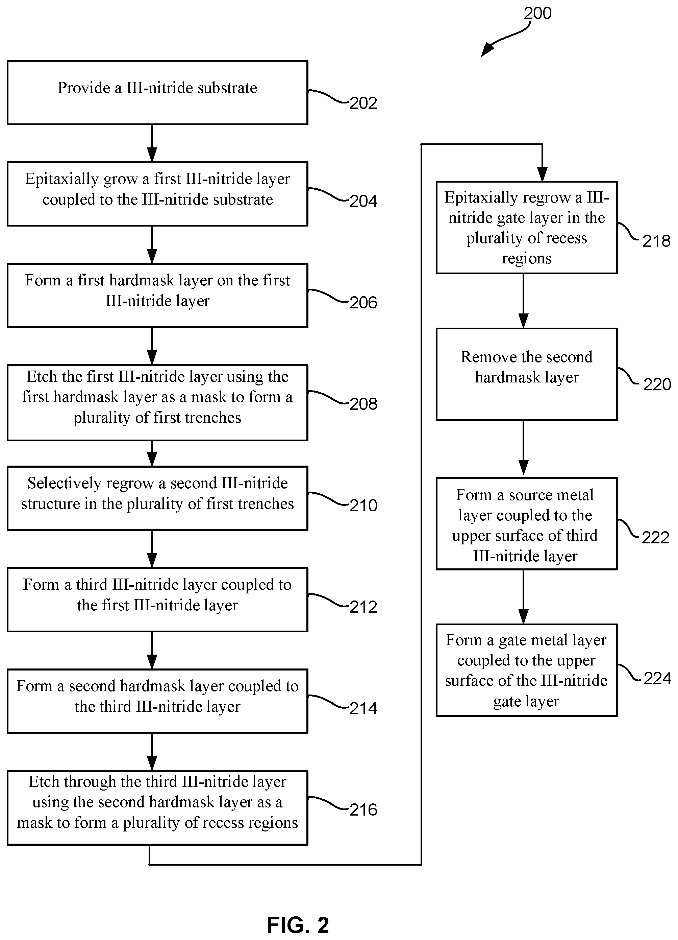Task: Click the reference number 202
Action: click(363, 103)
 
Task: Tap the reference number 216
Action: click(363, 809)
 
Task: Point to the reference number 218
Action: click(656, 241)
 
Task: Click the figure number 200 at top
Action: click(537, 13)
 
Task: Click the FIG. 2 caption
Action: click(298, 925)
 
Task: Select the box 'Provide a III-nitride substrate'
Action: click(157, 92)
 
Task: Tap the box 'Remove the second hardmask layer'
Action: click(526, 374)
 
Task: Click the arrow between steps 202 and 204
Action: click(152, 143)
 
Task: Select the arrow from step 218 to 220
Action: click(524, 301)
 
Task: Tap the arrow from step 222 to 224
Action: click(524, 597)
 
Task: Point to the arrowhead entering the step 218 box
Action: click(542, 174)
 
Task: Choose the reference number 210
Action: click(363, 505)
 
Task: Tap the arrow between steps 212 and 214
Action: click(152, 650)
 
